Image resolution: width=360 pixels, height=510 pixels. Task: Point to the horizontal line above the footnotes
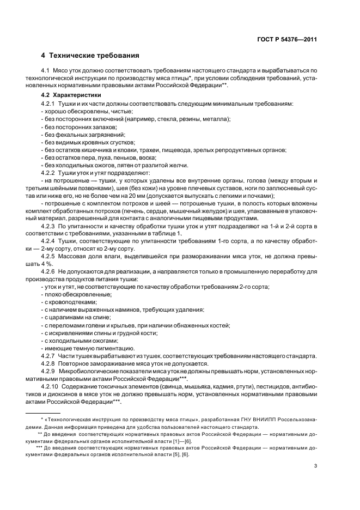coord(43,412)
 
